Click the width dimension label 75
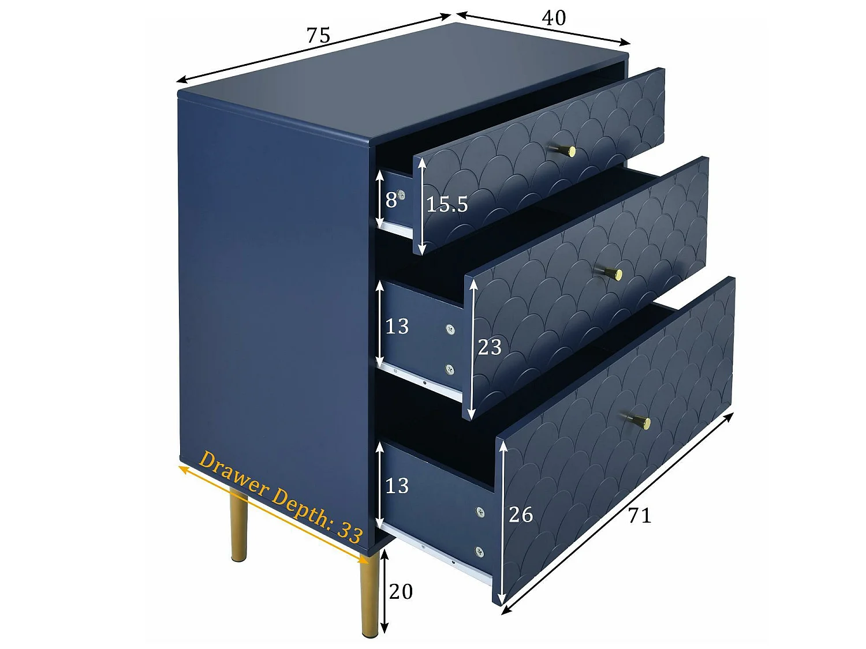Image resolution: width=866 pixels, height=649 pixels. tap(318, 36)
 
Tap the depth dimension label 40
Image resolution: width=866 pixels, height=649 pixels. tap(553, 18)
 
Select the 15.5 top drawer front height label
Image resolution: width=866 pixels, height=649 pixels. tap(447, 204)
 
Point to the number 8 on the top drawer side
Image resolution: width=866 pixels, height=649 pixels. tap(391, 200)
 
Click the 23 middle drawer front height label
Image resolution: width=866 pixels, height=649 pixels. tap(490, 347)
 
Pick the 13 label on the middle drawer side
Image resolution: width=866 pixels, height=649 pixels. tap(397, 327)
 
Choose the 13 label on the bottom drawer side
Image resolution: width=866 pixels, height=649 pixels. tap(397, 486)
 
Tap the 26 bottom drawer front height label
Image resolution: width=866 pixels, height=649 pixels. tap(521, 515)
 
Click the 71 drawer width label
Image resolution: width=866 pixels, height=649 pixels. tap(640, 515)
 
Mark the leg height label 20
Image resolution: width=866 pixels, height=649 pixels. tap(401, 592)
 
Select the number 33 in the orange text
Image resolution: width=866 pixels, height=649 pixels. tap(350, 532)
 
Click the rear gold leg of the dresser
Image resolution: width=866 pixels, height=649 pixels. tap(238, 525)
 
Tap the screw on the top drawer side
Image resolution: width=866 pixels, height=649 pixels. tap(401, 196)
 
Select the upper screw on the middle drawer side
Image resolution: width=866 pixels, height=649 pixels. tap(450, 329)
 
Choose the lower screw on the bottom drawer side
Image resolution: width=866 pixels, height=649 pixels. tap(479, 552)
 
